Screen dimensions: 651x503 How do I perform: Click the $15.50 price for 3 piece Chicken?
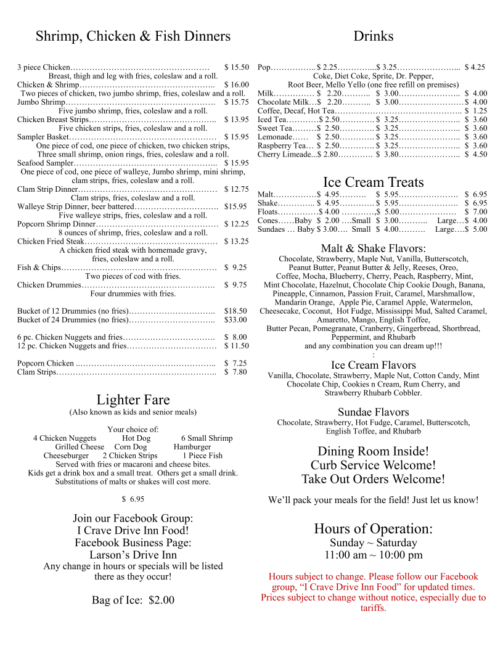[x=237, y=67]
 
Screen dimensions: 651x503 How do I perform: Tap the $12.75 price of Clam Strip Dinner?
[x=237, y=189]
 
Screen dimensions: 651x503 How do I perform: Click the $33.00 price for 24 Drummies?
[x=235, y=320]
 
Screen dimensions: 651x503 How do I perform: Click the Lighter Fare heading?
[x=133, y=399]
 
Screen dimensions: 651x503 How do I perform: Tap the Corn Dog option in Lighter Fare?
[x=131, y=447]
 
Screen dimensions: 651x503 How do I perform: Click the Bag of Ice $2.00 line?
[x=133, y=600]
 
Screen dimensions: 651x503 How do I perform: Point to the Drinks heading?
[x=374, y=36]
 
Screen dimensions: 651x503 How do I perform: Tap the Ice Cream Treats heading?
[x=374, y=182]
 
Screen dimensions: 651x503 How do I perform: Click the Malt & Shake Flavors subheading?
[x=374, y=248]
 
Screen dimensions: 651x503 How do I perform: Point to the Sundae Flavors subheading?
[x=374, y=412]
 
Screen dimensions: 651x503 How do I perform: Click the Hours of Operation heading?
[x=374, y=529]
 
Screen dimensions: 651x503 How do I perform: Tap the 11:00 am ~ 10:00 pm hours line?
[x=374, y=555]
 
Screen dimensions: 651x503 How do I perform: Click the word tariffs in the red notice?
[x=374, y=608]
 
